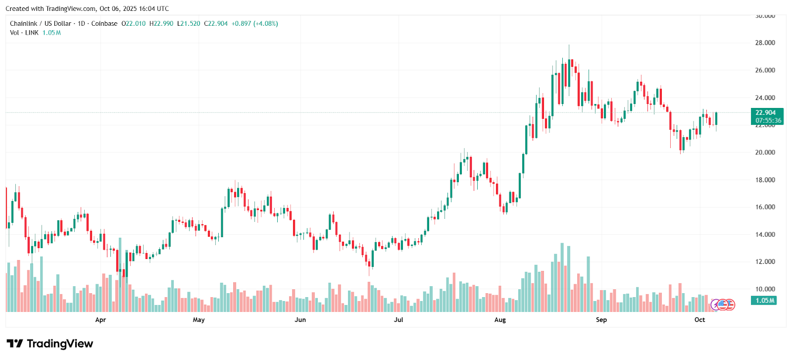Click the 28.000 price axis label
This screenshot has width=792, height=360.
click(765, 43)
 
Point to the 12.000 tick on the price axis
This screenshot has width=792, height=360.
click(765, 262)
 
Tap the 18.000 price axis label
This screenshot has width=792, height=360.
click(765, 180)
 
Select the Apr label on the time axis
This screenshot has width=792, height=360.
click(100, 320)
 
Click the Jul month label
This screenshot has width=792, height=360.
click(398, 320)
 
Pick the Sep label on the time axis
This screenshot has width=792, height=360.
click(601, 320)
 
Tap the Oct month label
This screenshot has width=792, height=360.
click(699, 320)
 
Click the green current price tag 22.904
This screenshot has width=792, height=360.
click(766, 113)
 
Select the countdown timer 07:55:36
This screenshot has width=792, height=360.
click(768, 120)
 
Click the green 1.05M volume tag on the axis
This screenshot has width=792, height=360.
click(765, 301)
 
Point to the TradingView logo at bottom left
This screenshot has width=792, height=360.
click(50, 344)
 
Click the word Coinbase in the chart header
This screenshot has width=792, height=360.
click(104, 24)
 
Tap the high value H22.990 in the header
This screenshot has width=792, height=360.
click(161, 24)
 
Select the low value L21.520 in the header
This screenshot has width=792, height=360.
click(189, 24)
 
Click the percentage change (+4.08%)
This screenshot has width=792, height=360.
click(266, 24)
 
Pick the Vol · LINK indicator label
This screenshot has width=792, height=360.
click(24, 33)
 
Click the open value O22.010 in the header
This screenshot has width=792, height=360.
click(134, 24)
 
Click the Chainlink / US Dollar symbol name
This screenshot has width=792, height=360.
click(41, 24)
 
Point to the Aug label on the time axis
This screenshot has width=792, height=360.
click(500, 320)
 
